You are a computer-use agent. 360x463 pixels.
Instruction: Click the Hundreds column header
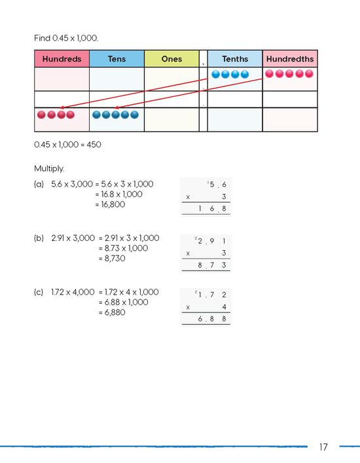pyautogui.click(x=62, y=59)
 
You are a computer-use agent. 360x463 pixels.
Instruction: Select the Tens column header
pyautogui.click(x=117, y=59)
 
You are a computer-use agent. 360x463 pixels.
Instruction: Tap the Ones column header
pyautogui.click(x=171, y=59)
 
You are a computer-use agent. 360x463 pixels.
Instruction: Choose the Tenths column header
pyautogui.click(x=235, y=59)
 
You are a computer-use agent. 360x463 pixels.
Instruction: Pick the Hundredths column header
pyautogui.click(x=289, y=59)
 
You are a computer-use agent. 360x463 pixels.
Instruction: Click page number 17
pyautogui.click(x=323, y=447)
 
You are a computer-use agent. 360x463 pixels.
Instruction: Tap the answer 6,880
pyautogui.click(x=113, y=312)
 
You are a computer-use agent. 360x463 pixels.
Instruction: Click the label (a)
pyautogui.click(x=39, y=185)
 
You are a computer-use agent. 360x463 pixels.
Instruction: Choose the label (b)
pyautogui.click(x=39, y=238)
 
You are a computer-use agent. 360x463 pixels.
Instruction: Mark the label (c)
pyautogui.click(x=39, y=292)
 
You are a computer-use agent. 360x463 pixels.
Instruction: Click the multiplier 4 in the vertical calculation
pyautogui.click(x=224, y=306)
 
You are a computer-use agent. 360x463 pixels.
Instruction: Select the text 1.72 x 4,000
pyautogui.click(x=73, y=292)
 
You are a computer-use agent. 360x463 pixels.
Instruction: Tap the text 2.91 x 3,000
pyautogui.click(x=73, y=238)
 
